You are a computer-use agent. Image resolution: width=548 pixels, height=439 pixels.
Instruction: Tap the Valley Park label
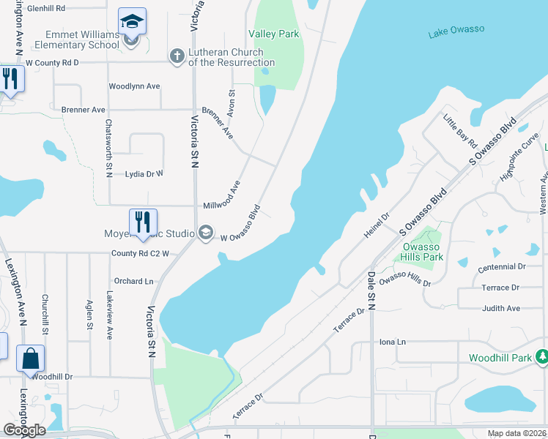pyautogui.click(x=274, y=34)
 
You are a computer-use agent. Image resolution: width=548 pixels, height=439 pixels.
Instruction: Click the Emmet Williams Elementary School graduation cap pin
pyautogui.click(x=132, y=21)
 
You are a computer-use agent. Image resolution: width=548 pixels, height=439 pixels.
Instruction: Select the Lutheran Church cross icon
pyautogui.click(x=177, y=56)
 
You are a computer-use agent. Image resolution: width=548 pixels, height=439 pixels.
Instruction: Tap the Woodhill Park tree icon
pyautogui.click(x=542, y=357)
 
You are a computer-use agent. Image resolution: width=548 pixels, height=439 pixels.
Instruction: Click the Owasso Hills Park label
pyautogui.click(x=423, y=252)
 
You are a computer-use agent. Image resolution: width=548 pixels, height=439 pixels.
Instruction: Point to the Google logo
pyautogui.click(x=23, y=429)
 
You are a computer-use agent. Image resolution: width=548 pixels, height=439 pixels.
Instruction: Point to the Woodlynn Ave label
pyautogui.click(x=134, y=86)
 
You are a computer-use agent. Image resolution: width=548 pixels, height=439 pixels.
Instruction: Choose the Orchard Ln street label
pyautogui.click(x=133, y=281)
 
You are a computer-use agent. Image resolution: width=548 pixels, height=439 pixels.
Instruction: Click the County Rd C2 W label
pyautogui.click(x=140, y=254)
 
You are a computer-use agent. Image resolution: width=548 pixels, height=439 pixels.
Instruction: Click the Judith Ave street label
pyautogui.click(x=501, y=308)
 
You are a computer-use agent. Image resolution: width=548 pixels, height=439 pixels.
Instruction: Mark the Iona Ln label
pyautogui.click(x=392, y=342)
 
